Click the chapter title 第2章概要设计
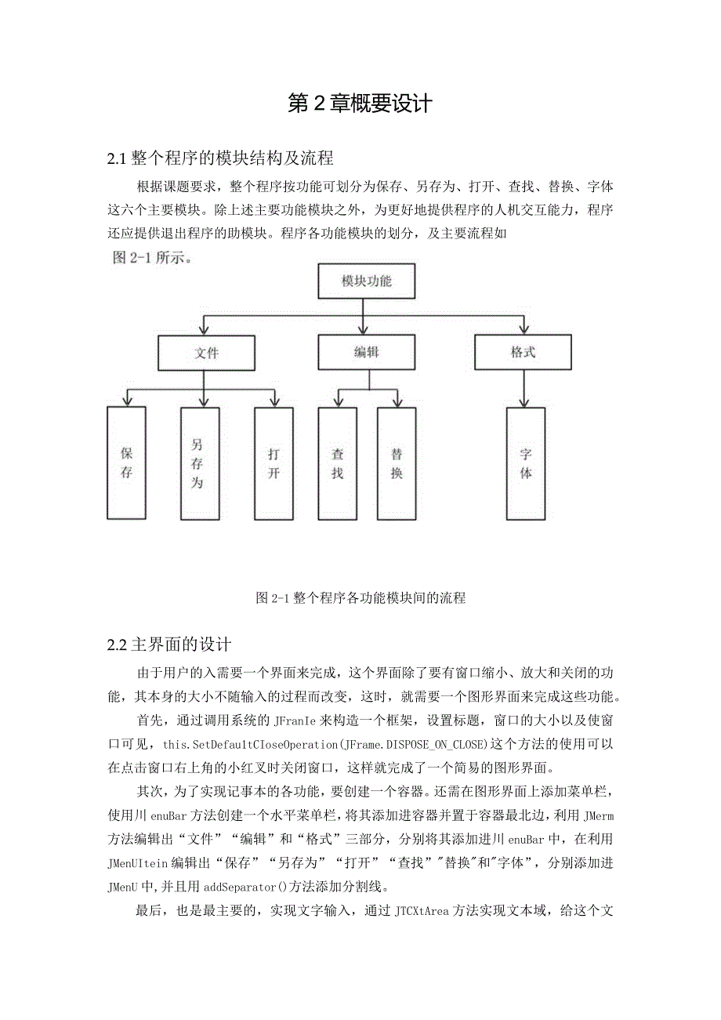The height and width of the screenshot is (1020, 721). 360,104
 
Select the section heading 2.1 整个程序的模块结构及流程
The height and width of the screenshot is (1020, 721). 220,159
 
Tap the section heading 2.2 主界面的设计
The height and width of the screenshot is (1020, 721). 169,645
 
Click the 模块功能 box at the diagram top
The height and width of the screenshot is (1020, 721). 366,281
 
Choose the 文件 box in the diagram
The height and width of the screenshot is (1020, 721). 206,353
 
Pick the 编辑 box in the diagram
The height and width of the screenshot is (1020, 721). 366,353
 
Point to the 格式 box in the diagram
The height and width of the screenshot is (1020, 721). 523,353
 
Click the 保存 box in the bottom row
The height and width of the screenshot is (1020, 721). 126,463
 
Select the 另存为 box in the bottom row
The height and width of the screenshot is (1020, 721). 197,463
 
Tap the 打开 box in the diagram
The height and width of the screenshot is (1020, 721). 274,463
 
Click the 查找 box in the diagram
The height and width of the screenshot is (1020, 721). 338,463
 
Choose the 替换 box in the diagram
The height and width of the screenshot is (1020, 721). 397,463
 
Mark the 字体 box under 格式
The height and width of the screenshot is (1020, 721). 526,463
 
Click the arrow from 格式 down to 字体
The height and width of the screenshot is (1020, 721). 524,388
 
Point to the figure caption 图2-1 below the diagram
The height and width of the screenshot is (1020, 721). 360,598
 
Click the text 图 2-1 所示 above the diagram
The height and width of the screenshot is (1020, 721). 148,259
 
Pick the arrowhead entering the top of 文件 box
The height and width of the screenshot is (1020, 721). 205,331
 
